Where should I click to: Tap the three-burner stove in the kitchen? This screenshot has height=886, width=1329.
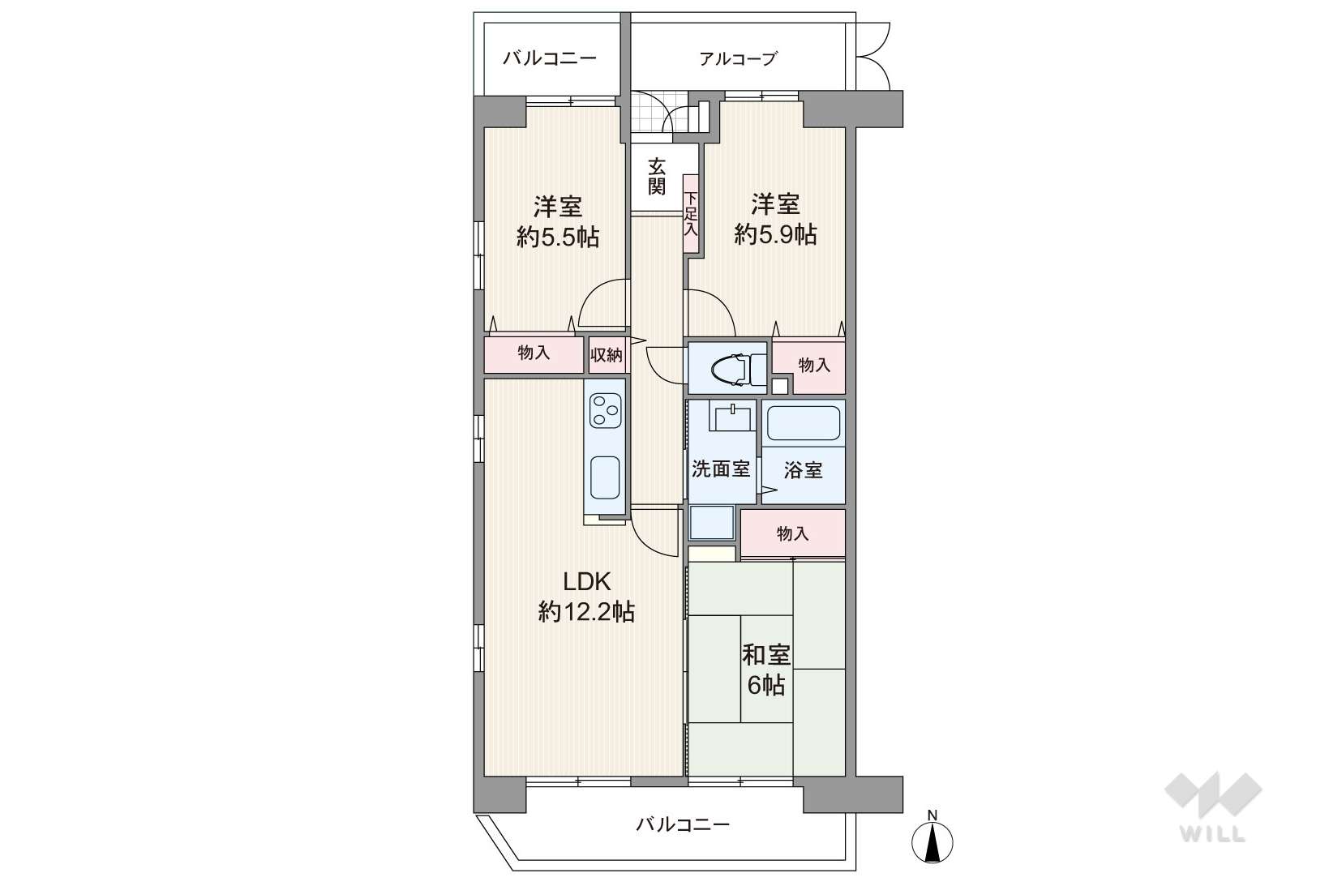pyautogui.click(x=605, y=411)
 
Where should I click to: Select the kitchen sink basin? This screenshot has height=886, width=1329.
pyautogui.click(x=605, y=477)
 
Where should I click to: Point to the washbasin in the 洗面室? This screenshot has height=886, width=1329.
pyautogui.click(x=733, y=416)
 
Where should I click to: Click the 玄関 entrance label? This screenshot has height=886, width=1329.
pyautogui.click(x=656, y=176)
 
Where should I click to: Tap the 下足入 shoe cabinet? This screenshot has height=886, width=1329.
pyautogui.click(x=691, y=214)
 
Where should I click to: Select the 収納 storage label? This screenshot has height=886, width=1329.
pyautogui.click(x=607, y=355)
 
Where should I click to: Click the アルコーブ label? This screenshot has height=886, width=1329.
pyautogui.click(x=738, y=58)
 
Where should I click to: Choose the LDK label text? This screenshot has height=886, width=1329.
pyautogui.click(x=587, y=582)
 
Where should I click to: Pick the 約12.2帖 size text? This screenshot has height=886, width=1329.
pyautogui.click(x=587, y=611)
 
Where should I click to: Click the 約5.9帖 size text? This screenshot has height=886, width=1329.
pyautogui.click(x=775, y=235)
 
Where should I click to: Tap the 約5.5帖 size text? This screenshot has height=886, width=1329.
pyautogui.click(x=558, y=238)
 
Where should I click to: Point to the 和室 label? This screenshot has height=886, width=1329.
pyautogui.click(x=766, y=655)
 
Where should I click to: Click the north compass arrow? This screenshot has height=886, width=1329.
pyautogui.click(x=932, y=843)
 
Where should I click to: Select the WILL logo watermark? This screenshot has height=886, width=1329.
pyautogui.click(x=1213, y=807)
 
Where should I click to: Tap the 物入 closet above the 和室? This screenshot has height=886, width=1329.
pyautogui.click(x=793, y=533)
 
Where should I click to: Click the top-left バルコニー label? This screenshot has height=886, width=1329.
pyautogui.click(x=550, y=58)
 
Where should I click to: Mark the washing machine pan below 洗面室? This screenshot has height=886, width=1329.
pyautogui.click(x=712, y=523)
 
